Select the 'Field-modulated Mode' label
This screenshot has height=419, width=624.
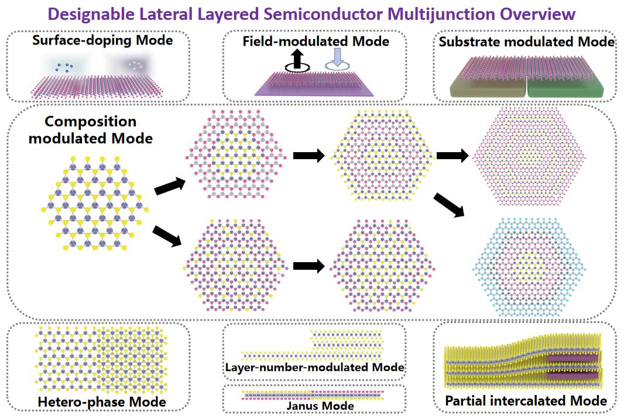click(x=316, y=41)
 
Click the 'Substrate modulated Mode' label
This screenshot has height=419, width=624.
click(x=527, y=42)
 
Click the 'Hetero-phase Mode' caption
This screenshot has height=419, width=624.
click(x=101, y=402)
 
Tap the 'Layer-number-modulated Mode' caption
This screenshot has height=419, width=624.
click(x=314, y=368)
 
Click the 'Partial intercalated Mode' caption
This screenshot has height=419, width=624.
click(x=526, y=401)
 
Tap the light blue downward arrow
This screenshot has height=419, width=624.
click(x=337, y=59)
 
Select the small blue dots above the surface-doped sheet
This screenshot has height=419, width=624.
click(x=63, y=67)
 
